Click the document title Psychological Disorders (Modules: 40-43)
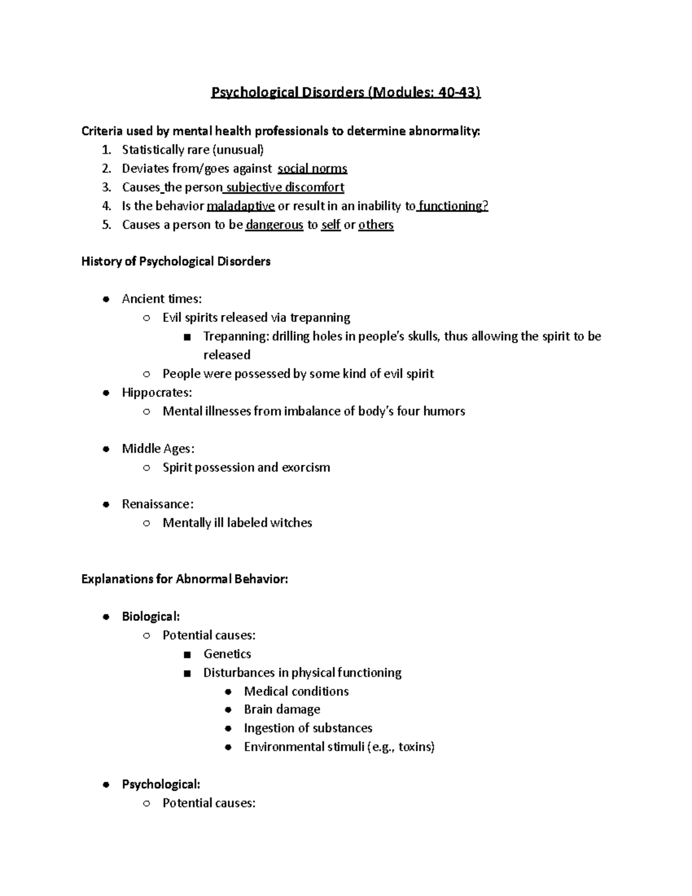[x=345, y=92]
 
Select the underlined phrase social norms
[x=312, y=168]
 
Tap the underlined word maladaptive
[x=240, y=206]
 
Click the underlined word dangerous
[x=274, y=225]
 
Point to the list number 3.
[x=106, y=188]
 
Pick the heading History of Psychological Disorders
[x=176, y=261]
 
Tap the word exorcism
[x=306, y=467]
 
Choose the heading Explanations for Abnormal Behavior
[x=185, y=579]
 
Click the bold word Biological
[x=151, y=616]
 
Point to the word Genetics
[x=227, y=654]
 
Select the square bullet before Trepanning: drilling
[x=186, y=337]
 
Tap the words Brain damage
[x=282, y=709]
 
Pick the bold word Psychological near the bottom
[x=161, y=784]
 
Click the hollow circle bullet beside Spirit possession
[x=146, y=468]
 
